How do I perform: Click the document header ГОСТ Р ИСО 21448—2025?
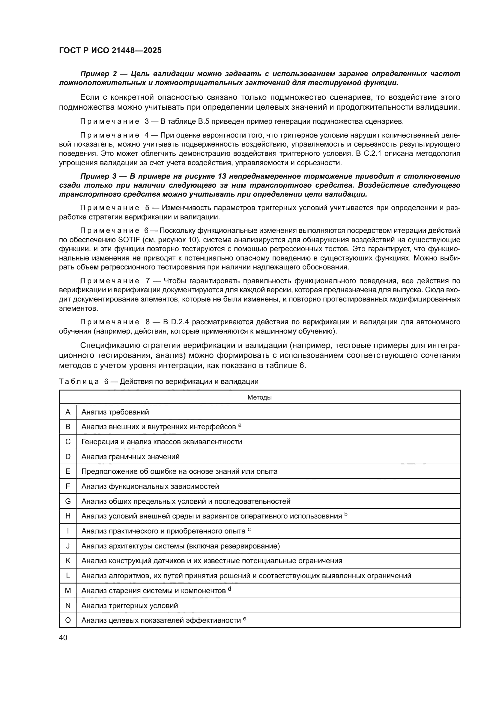[x=110, y=50]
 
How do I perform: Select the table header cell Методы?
[x=259, y=397]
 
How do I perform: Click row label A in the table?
[x=68, y=412]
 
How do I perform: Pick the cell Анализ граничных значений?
[x=130, y=457]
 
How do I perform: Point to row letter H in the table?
[x=68, y=516]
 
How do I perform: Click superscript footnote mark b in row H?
[x=346, y=514]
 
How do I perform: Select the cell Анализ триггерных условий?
[x=130, y=605]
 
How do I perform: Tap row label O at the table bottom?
[x=68, y=620]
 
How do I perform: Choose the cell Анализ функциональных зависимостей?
[x=150, y=486]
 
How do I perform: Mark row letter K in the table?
[x=68, y=561]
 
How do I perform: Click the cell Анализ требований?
[x=115, y=412]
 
